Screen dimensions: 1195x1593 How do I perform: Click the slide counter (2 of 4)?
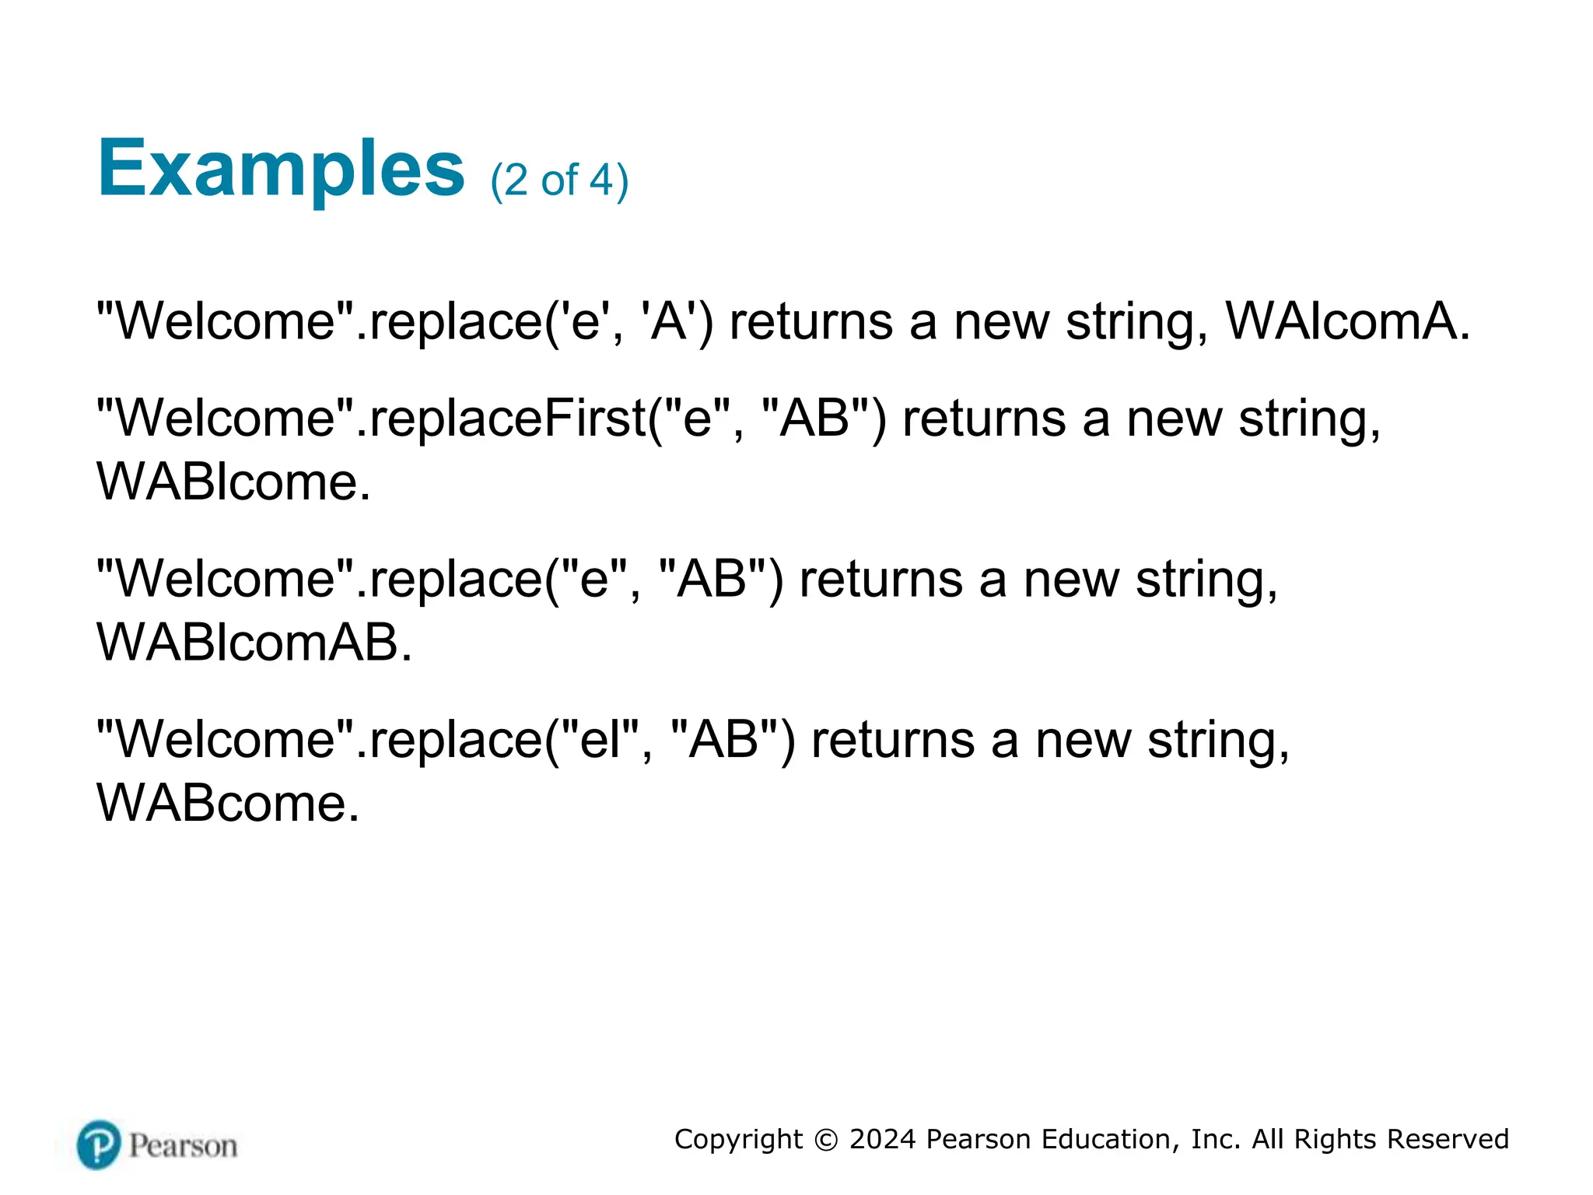pyautogui.click(x=558, y=180)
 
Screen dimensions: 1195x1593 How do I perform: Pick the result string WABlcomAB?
pyautogui.click(x=254, y=643)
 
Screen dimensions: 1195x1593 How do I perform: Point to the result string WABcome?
pyautogui.click(x=227, y=804)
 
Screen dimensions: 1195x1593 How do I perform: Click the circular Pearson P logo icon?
pyautogui.click(x=99, y=1144)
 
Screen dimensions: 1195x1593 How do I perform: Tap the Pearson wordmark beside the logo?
pyautogui.click(x=184, y=1146)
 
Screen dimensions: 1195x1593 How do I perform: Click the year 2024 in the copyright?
pyautogui.click(x=882, y=1139)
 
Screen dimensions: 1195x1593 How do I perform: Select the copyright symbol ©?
pyautogui.click(x=825, y=1140)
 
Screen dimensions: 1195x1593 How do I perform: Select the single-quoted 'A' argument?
pyautogui.click(x=668, y=321)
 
